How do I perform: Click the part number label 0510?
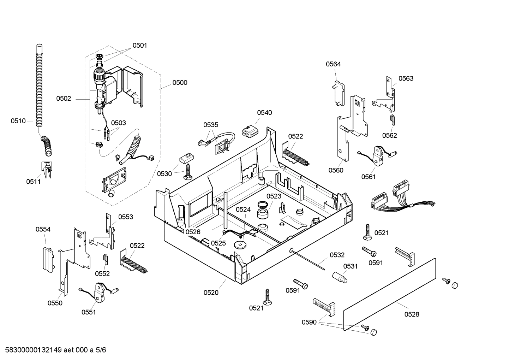(x=18, y=121)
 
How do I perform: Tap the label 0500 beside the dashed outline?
(x=180, y=83)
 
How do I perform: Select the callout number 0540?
(x=264, y=113)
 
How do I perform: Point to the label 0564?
(x=333, y=64)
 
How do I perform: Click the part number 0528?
(x=412, y=314)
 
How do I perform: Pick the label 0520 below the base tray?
(x=211, y=293)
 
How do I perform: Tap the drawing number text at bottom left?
(x=53, y=350)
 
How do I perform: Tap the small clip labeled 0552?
(x=105, y=259)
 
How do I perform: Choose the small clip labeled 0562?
(x=393, y=119)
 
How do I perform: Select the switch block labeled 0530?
(x=185, y=158)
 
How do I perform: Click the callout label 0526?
(x=193, y=232)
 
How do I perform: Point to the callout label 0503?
(x=118, y=123)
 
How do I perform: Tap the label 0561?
(x=368, y=177)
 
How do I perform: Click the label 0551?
(x=89, y=312)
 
